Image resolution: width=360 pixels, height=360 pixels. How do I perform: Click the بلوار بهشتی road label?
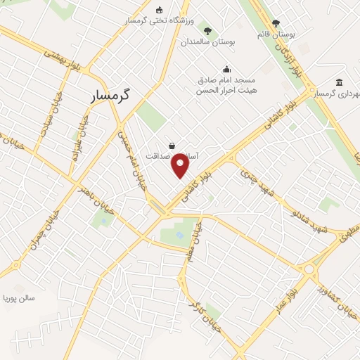64,60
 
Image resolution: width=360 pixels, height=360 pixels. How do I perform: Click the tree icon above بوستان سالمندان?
207,30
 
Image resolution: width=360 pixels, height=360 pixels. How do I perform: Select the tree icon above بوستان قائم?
275,23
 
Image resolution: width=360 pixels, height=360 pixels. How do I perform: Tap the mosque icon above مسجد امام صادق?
226,69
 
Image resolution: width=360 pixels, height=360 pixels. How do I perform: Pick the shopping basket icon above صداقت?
172,146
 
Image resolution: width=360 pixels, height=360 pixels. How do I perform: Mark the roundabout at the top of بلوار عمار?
308,268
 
